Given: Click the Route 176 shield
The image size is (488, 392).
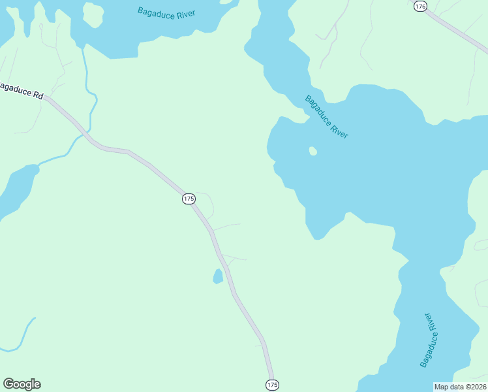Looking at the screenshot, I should coord(420,6).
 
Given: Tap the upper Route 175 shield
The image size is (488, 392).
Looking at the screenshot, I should coord(189,199).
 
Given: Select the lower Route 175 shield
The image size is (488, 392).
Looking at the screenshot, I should coord(273,385).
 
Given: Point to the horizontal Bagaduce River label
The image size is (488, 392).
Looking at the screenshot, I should coord(166,12).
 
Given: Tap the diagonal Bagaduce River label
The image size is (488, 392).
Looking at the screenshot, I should coord(327,117).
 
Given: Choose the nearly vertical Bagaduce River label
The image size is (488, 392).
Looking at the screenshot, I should coord(431,340).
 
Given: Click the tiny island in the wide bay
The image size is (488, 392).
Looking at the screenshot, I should coord(313,151).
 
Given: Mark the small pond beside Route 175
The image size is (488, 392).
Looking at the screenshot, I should coord(218,276).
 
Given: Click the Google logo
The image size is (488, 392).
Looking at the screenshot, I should coord(22,384).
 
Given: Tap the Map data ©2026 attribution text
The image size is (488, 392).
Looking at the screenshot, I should coord(460,387).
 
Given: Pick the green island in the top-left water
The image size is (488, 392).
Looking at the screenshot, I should coord(93,14).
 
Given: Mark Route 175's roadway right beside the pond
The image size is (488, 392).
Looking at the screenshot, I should coord(228,276).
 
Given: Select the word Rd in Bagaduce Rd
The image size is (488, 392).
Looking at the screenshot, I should coord(38,95).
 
